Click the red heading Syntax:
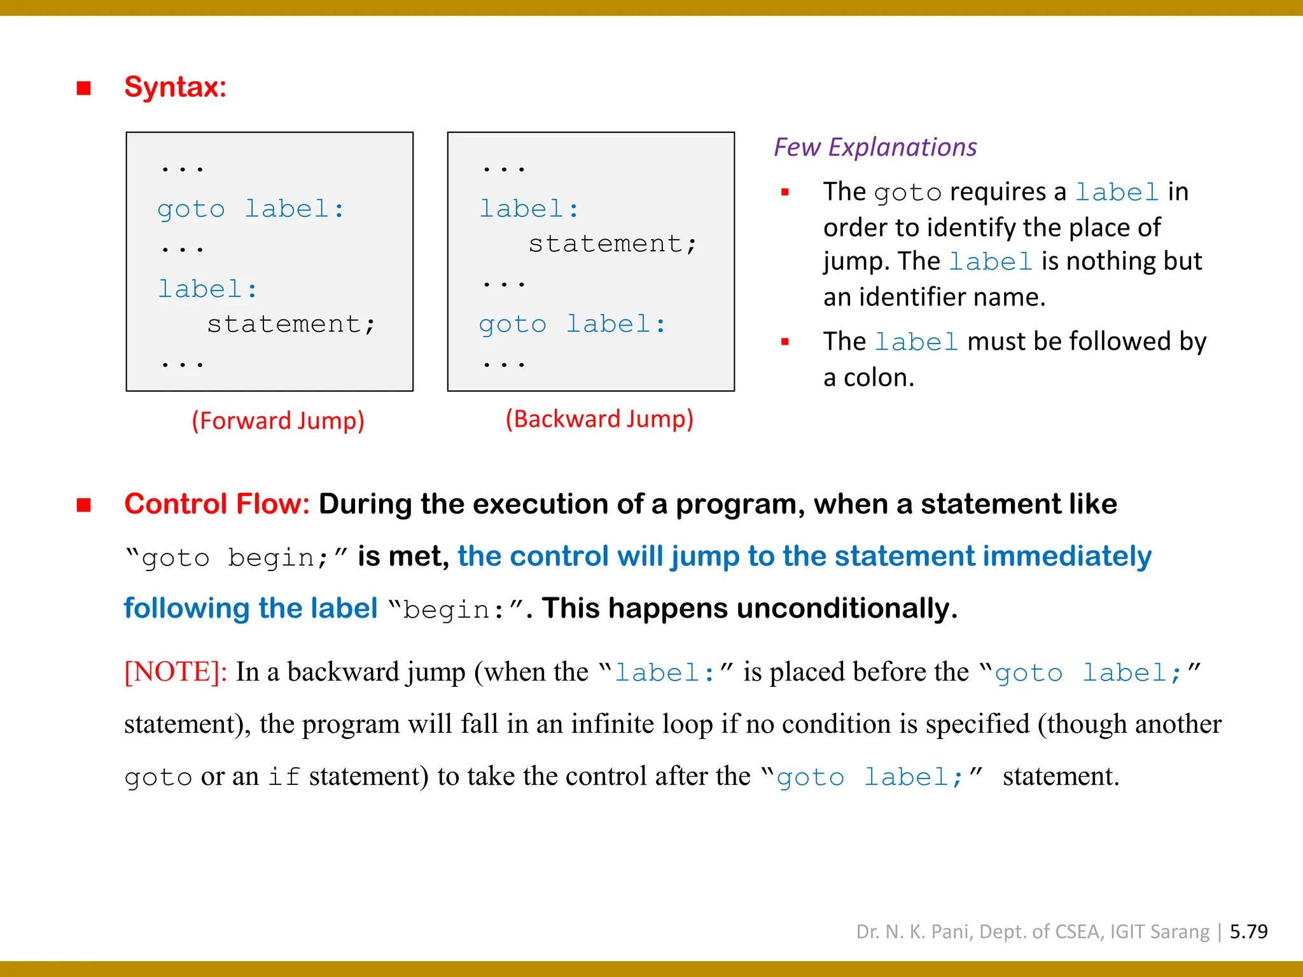tap(175, 87)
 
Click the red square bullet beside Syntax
tap(83, 88)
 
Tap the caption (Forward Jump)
tap(278, 421)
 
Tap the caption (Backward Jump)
tap(599, 419)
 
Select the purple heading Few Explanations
tap(875, 148)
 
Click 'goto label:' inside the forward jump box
tap(251, 209)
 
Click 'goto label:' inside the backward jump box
tap(572, 324)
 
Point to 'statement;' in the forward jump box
tap(291, 324)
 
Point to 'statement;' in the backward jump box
tap(613, 244)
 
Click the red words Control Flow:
tap(216, 504)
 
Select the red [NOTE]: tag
tap(176, 672)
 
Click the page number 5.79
tap(1248, 932)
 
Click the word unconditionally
tap(846, 609)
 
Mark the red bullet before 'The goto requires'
tap(785, 192)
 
